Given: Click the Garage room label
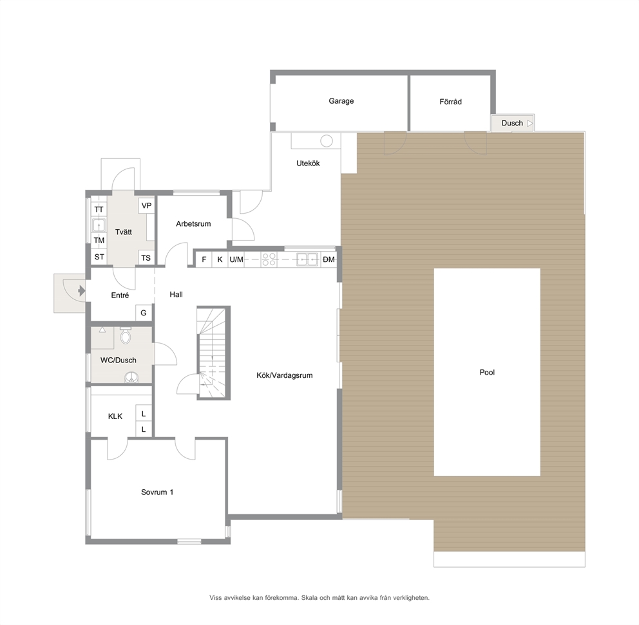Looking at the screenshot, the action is point(341,101).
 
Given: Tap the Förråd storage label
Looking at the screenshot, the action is point(450,102).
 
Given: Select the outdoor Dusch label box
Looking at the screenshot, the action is point(512,123).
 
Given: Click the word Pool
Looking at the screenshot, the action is point(487,372).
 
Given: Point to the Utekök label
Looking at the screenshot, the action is point(308,163).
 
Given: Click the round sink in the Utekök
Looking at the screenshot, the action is point(327,141).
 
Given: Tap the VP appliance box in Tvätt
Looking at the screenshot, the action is point(146,205).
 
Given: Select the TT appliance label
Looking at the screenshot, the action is point(99,210).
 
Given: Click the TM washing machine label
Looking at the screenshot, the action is point(99,240).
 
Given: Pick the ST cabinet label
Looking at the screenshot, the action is point(99,257).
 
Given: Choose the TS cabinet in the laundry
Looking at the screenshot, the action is point(146,257).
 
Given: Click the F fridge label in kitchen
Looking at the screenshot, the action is point(204,259).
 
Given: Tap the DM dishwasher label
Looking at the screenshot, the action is point(329,259).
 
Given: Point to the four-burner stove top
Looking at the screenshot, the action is point(269,259).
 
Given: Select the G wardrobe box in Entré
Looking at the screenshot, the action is point(144,313).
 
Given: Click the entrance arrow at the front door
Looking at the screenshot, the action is point(82,291).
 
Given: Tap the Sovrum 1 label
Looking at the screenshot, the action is point(157,492).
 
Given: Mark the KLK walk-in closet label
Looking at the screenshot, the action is point(115,416).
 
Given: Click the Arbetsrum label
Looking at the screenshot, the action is point(194,223).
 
